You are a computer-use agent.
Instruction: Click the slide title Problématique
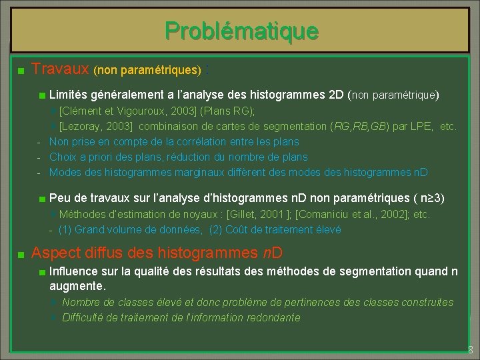[242, 31]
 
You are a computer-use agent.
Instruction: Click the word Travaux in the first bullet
[60, 69]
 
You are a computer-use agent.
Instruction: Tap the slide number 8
[470, 350]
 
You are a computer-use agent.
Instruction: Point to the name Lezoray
[84, 126]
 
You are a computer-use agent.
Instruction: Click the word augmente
[76, 286]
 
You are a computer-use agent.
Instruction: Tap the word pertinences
[287, 302]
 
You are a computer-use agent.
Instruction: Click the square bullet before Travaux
[21, 70]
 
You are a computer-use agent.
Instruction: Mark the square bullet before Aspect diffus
[21, 255]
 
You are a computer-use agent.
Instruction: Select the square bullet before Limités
[42, 96]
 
